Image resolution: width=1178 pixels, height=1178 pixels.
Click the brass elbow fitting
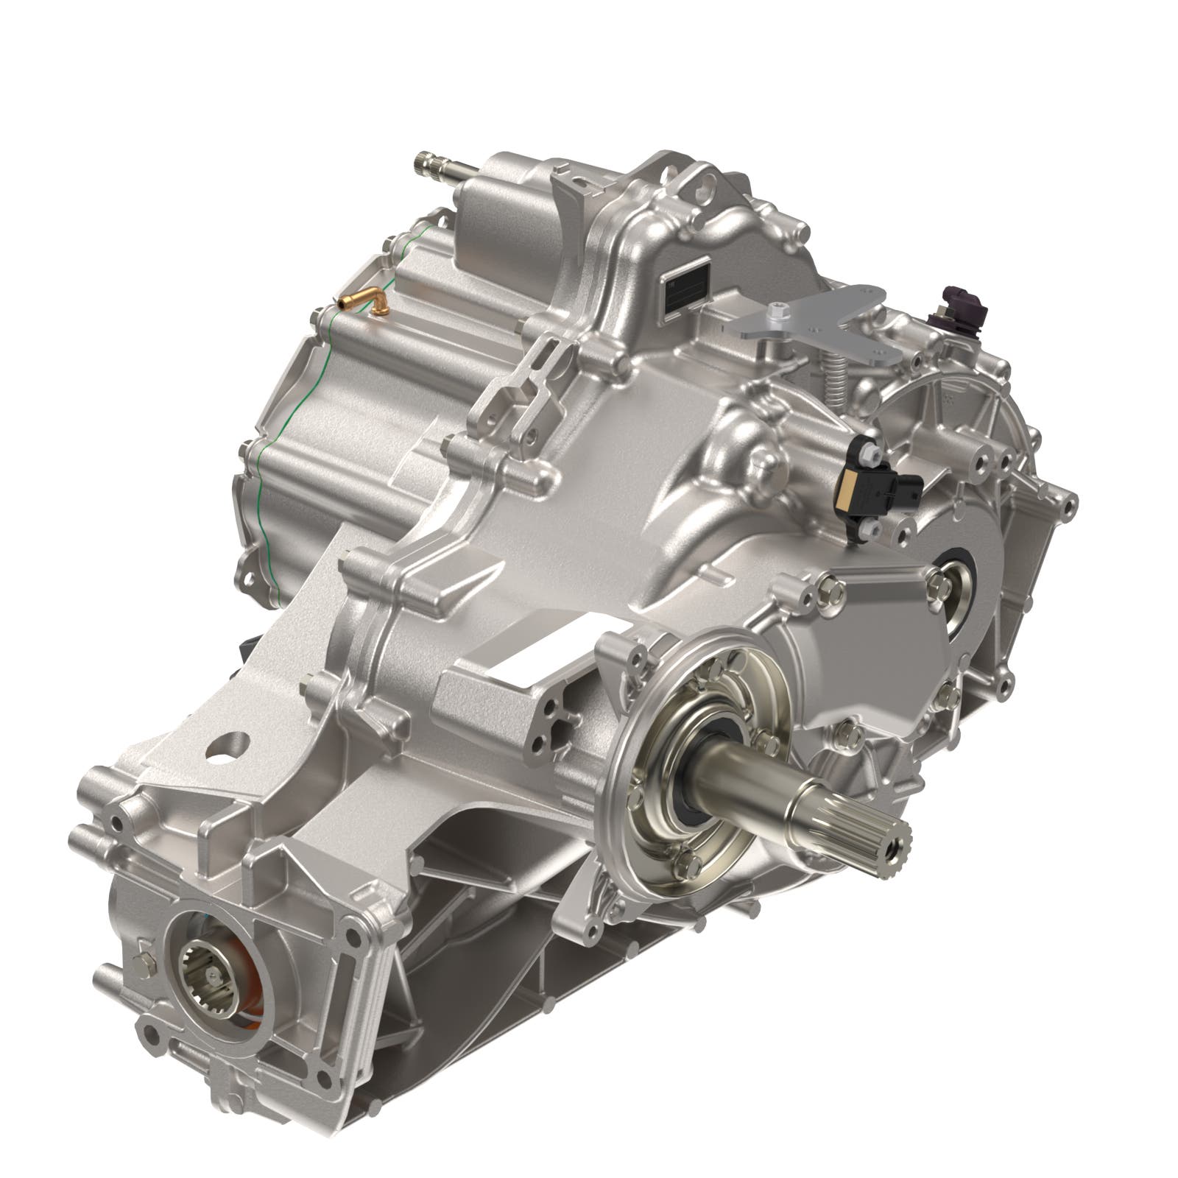click(x=364, y=300)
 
